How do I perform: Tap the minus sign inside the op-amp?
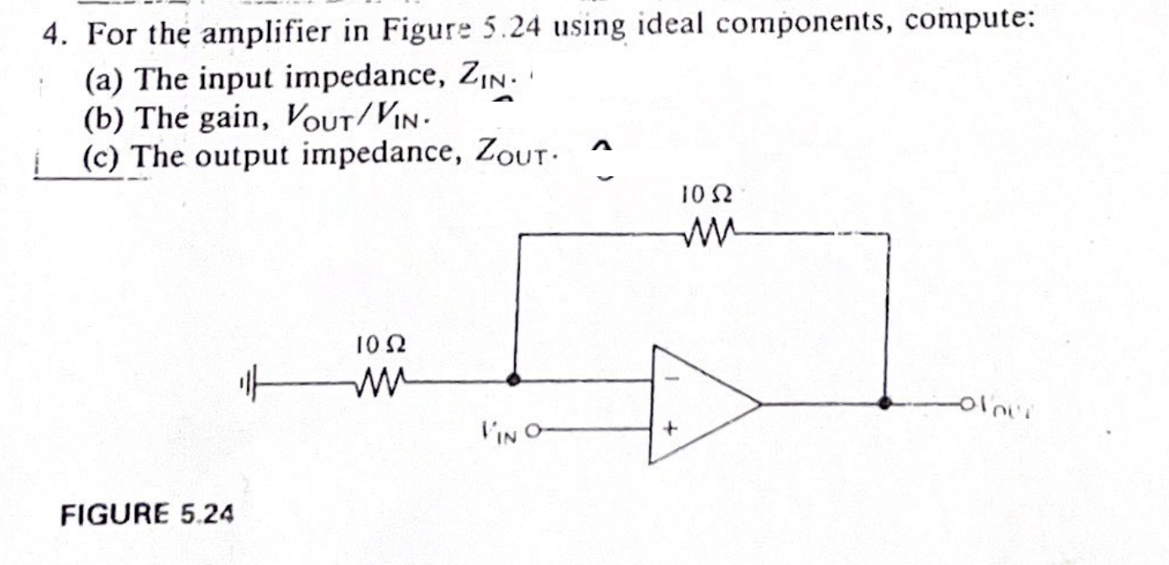point(670,379)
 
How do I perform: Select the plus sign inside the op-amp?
point(670,429)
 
